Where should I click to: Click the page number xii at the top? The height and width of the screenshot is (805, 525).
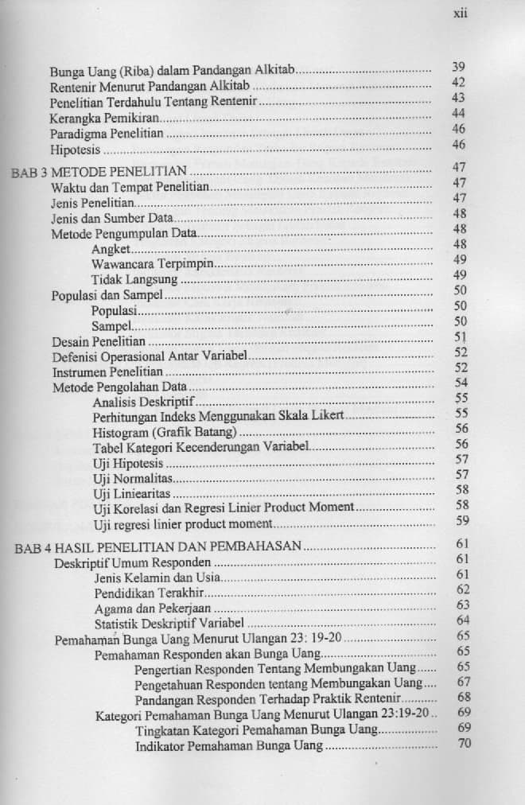point(459,14)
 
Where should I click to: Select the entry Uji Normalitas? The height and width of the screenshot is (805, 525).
point(133,479)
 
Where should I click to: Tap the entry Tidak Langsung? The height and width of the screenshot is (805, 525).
point(134,279)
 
